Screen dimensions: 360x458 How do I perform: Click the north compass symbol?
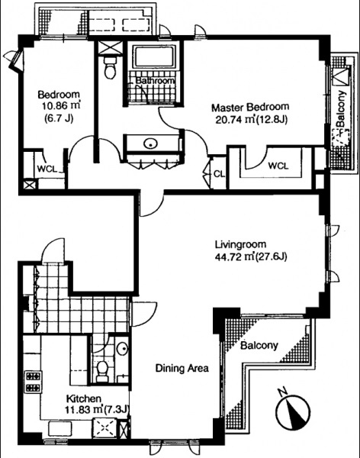click(294, 411)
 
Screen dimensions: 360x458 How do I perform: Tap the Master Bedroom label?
click(250, 107)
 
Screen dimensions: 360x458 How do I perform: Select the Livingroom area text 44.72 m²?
click(235, 257)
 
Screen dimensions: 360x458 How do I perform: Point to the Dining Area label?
click(182, 368)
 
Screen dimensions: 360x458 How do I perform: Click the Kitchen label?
click(84, 398)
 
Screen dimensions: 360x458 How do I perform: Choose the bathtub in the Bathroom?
click(153, 56)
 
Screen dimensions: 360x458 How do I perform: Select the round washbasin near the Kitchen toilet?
click(122, 349)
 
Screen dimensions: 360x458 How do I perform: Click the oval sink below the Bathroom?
click(151, 144)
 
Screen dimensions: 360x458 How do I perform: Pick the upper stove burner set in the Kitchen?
click(33, 376)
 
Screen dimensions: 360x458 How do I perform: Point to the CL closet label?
click(219, 174)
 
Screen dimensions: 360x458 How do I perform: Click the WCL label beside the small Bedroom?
click(47, 169)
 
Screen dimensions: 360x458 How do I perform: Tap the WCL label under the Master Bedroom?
click(278, 166)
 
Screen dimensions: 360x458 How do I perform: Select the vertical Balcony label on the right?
click(341, 108)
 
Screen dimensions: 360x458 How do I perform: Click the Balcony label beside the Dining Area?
click(259, 346)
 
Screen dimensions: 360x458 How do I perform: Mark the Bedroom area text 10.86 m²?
click(61, 105)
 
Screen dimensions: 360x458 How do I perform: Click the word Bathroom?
click(156, 81)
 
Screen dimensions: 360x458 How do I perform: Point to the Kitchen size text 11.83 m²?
click(84, 409)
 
